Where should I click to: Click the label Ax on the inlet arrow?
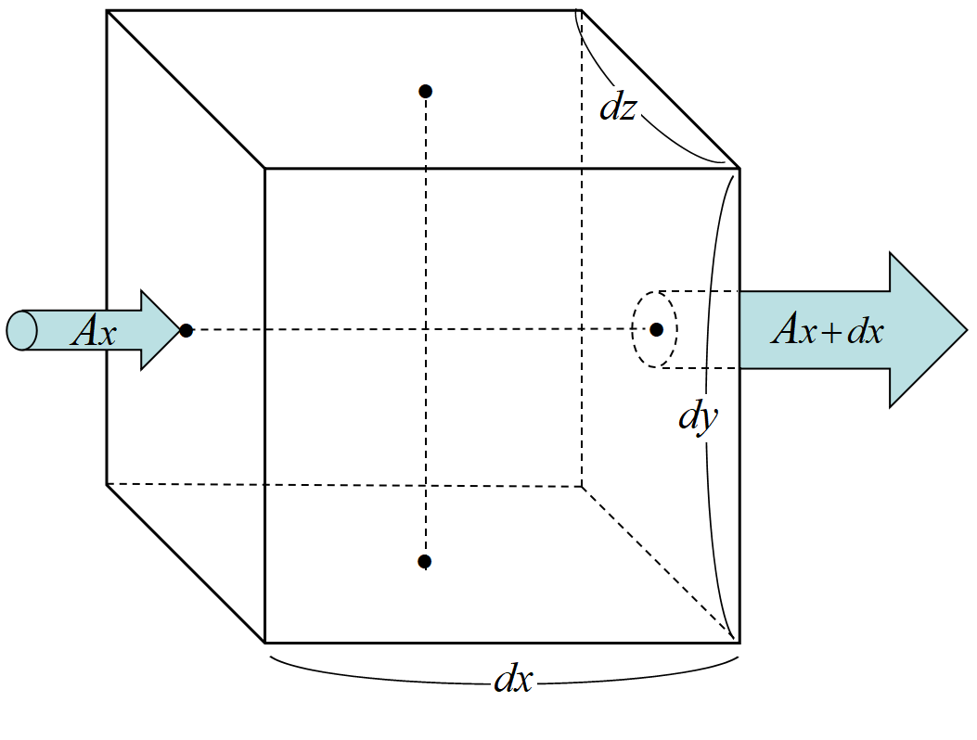94,331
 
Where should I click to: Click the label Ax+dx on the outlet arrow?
827,330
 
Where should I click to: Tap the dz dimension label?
617,108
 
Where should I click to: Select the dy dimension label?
697,418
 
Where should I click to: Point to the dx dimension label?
512,680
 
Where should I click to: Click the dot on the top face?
425,91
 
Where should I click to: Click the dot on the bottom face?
424,561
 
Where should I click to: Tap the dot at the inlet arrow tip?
186,330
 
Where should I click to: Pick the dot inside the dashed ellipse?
656,329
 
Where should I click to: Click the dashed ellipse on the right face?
636,330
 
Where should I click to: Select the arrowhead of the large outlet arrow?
928,330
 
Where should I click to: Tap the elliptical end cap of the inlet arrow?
21,331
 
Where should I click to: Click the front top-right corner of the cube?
739,169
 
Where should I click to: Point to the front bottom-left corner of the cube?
265,642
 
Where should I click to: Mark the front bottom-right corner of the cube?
739,642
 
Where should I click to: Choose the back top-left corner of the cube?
107,10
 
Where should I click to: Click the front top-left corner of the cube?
265,169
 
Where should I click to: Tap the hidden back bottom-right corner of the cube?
582,486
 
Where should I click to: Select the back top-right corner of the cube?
581,10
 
